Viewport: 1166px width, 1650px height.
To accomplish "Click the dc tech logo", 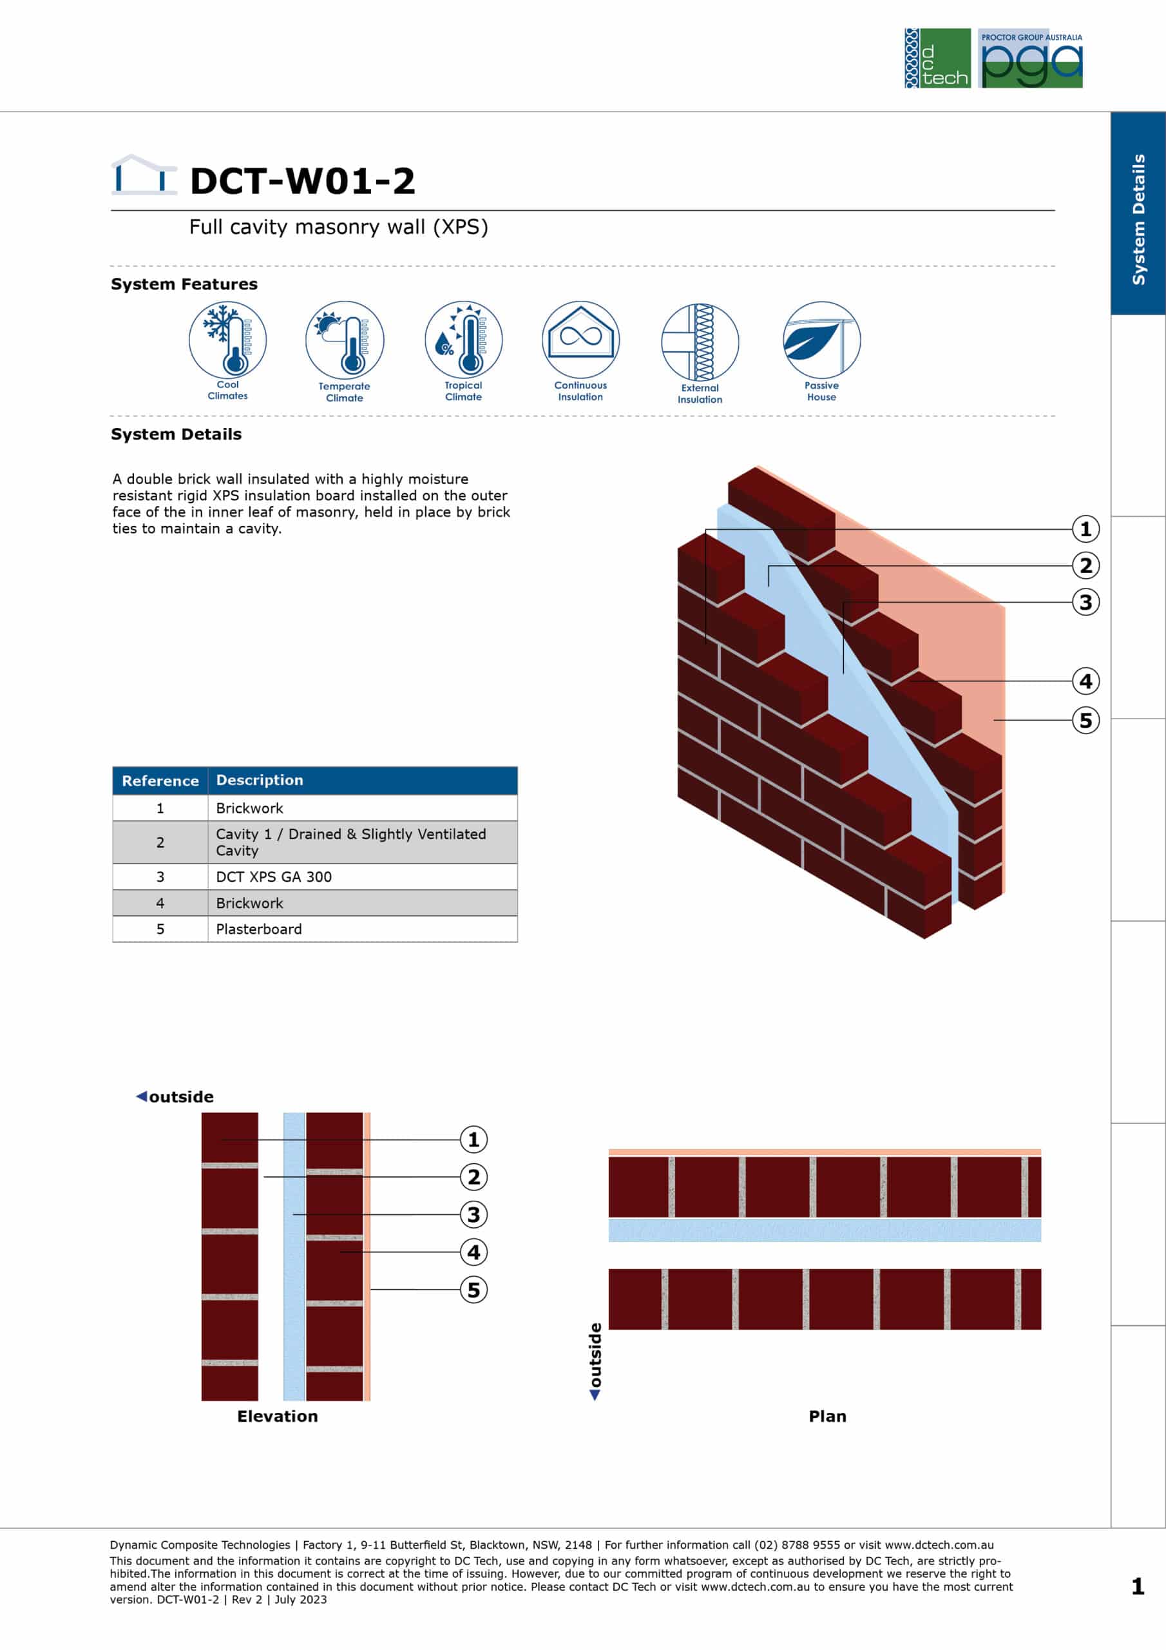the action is (937, 58).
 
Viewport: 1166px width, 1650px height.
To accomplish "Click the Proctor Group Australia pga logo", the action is (1031, 58).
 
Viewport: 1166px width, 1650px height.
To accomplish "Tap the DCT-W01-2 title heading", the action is (303, 180).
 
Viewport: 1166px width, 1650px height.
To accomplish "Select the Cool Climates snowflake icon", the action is (228, 340).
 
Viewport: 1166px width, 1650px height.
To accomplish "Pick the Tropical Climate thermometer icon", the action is (463, 340).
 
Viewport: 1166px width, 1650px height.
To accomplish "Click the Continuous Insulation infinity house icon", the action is (580, 340).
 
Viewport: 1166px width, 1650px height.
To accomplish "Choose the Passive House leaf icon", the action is (821, 340).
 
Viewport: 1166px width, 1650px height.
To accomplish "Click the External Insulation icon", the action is (700, 342).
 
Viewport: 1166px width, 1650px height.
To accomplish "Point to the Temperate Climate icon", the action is (345, 340).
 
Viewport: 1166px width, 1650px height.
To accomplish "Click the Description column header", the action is (260, 780).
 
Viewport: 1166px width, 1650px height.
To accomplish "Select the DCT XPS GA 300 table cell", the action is (274, 877).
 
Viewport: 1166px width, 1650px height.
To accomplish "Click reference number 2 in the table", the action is (160, 842).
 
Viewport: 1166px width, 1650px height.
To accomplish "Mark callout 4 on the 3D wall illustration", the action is (1085, 681).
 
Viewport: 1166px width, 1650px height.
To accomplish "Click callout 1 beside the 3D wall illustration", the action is (1085, 529).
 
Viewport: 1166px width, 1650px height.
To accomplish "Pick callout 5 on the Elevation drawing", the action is (473, 1289).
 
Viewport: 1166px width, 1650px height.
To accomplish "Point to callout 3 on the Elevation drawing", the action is (473, 1214).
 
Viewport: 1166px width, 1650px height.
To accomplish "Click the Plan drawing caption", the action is (828, 1417).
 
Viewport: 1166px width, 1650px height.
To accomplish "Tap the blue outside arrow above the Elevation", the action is (142, 1096).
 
